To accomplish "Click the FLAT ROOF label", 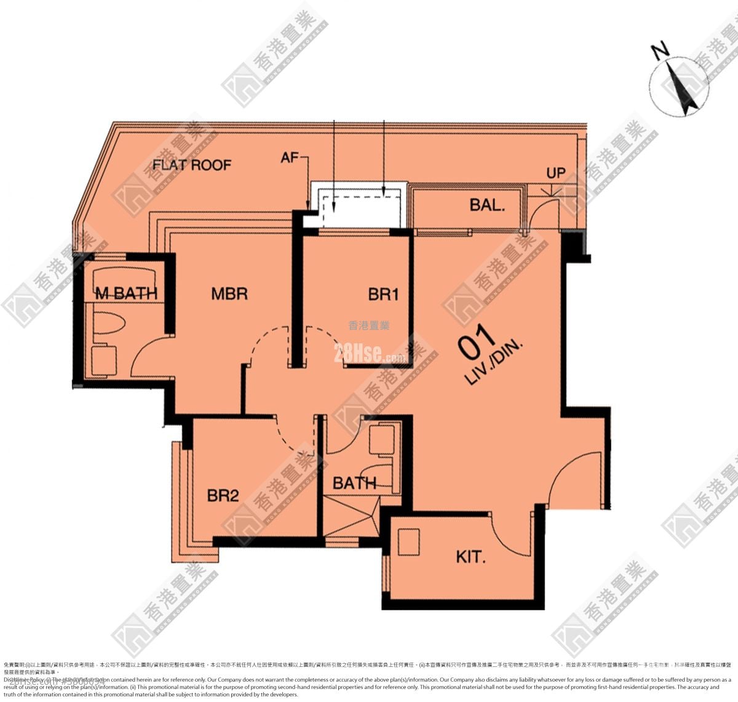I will click(x=192, y=165).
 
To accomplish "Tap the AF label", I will click(x=290, y=158).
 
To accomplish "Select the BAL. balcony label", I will click(x=487, y=205).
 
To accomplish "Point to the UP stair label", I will click(x=556, y=173).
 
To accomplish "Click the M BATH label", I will click(x=126, y=293).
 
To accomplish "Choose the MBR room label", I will click(x=229, y=293).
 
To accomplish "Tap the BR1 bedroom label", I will click(x=383, y=295).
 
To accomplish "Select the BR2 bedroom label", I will click(x=223, y=495).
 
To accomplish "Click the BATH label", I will click(x=354, y=484).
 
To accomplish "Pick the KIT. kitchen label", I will click(x=471, y=557).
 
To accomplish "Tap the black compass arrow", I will click(x=684, y=90).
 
